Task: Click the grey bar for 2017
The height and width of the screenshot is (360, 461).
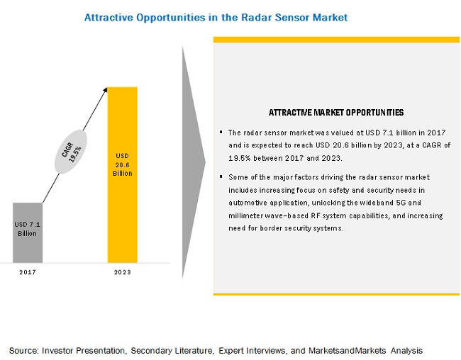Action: (28, 232)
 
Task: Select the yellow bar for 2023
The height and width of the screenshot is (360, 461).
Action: (122, 175)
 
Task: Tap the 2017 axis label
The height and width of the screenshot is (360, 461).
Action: (28, 272)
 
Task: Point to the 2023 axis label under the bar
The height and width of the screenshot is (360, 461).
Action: (122, 272)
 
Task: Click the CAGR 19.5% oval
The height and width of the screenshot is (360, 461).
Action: (71, 152)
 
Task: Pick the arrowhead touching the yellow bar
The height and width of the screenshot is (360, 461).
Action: (105, 90)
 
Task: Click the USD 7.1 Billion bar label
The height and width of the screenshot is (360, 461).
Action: (28, 229)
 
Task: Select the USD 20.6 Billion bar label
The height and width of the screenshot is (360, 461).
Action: (122, 164)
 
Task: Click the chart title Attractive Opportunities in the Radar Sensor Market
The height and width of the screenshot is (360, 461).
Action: (216, 18)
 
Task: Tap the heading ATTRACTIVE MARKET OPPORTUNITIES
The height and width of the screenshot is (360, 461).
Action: (336, 113)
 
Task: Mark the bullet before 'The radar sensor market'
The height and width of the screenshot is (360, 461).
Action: (221, 132)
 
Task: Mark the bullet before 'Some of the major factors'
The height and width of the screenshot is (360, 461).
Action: (221, 176)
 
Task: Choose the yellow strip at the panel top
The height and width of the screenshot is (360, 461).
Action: (336, 40)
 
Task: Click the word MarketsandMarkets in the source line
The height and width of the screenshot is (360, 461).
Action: (348, 351)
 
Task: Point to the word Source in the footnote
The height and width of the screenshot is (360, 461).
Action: (23, 351)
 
